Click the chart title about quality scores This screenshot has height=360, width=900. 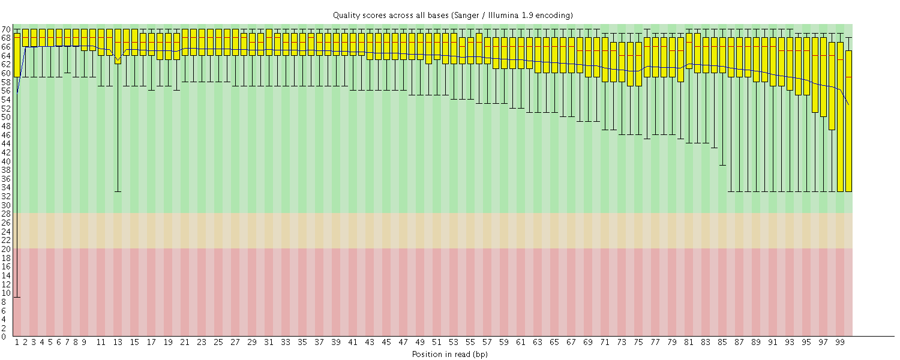click(453, 14)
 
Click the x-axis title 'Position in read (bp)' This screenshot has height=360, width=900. click(449, 354)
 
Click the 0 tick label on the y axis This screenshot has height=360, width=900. click(4, 337)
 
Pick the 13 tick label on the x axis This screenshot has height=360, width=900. click(118, 342)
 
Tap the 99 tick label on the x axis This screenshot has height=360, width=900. click(840, 342)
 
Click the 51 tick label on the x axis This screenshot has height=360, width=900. click(437, 342)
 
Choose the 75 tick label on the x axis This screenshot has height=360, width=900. click(638, 342)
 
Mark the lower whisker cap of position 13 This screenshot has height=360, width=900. click(118, 191)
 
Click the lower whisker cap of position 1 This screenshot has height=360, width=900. click(17, 297)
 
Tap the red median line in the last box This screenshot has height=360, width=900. click(848, 77)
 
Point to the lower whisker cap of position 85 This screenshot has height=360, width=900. click(722, 165)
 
